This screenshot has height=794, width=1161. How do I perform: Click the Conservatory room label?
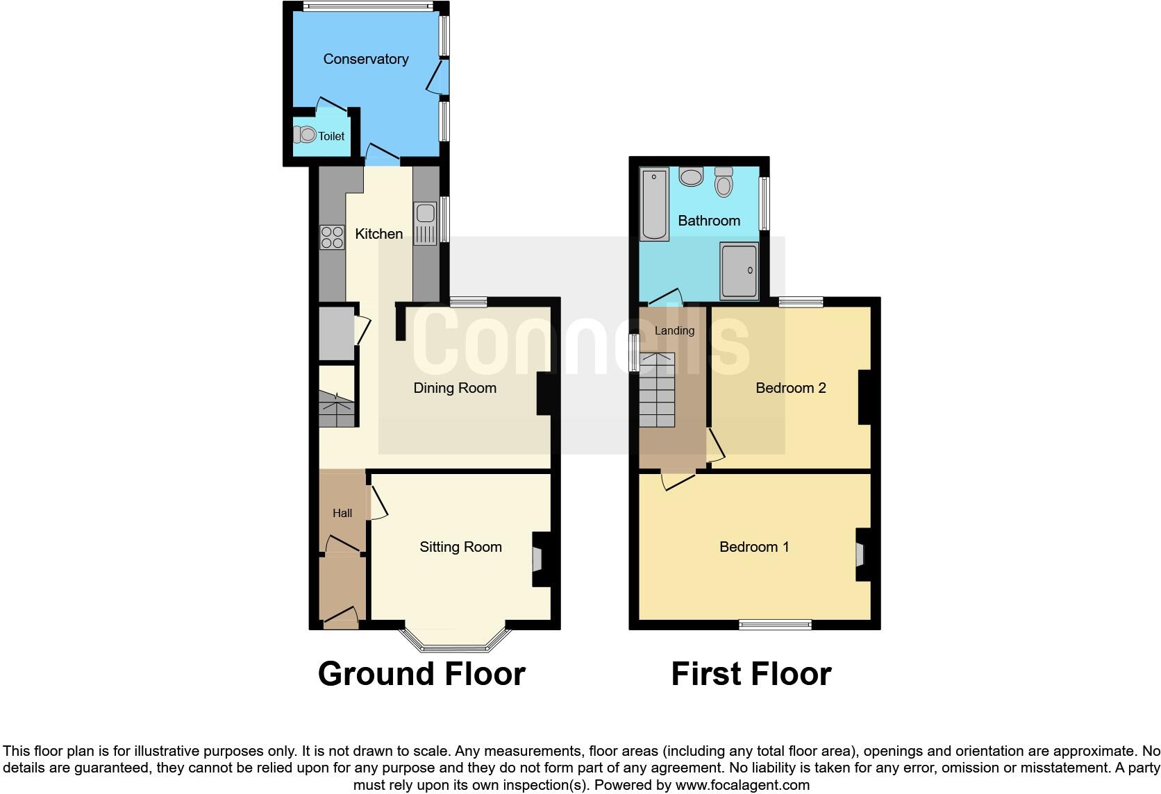pyautogui.click(x=365, y=59)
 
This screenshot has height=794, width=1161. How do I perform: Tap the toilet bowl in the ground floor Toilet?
pyautogui.click(x=306, y=135)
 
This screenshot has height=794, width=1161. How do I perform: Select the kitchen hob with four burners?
pyautogui.click(x=332, y=237)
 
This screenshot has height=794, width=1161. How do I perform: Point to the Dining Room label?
pyautogui.click(x=455, y=388)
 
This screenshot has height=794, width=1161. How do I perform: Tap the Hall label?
pyautogui.click(x=342, y=514)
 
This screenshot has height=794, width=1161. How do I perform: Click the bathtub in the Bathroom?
pyautogui.click(x=654, y=204)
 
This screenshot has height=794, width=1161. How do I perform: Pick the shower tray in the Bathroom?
pyautogui.click(x=739, y=271)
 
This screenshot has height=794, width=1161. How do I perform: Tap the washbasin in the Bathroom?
pyautogui.click(x=691, y=176)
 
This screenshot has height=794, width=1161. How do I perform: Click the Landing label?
pyautogui.click(x=674, y=330)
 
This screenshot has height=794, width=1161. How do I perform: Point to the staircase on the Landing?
pyautogui.click(x=656, y=390)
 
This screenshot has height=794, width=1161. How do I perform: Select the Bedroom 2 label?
pyautogui.click(x=790, y=388)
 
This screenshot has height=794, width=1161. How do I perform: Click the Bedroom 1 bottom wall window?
pyautogui.click(x=775, y=625)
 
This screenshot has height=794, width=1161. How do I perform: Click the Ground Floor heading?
pyautogui.click(x=421, y=674)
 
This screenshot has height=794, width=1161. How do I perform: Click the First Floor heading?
pyautogui.click(x=751, y=674)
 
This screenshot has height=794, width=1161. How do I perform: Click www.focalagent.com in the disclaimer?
pyautogui.click(x=742, y=786)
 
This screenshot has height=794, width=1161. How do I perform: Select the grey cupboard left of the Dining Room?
pyautogui.click(x=336, y=334)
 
